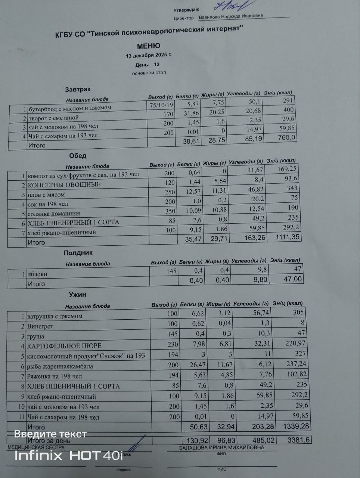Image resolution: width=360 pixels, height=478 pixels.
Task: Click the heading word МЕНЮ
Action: tap(148, 46)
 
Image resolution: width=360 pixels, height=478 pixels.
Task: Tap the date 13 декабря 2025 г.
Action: tap(149, 55)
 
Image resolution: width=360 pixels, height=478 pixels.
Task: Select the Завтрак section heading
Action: tap(78, 89)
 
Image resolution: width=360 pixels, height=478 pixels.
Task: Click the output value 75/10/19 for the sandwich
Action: tap(161, 105)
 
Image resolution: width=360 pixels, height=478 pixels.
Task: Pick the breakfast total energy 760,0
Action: tap(285, 138)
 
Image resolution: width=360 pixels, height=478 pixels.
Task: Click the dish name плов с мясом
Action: tap(46, 195)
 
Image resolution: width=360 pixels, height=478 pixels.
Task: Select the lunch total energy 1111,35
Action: tap(288, 237)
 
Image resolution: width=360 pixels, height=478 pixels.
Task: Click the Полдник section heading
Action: tap(78, 253)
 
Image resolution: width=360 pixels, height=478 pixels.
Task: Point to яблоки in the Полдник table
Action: tap(37, 274)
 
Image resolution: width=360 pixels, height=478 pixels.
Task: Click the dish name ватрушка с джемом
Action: tap(55, 316)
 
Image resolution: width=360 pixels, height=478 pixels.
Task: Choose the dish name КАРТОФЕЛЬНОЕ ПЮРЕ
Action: tap(64, 346)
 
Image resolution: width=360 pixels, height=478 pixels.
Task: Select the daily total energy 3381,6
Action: tap(299, 440)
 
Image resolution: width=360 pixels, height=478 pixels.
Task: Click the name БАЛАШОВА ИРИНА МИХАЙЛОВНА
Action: tap(221, 447)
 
